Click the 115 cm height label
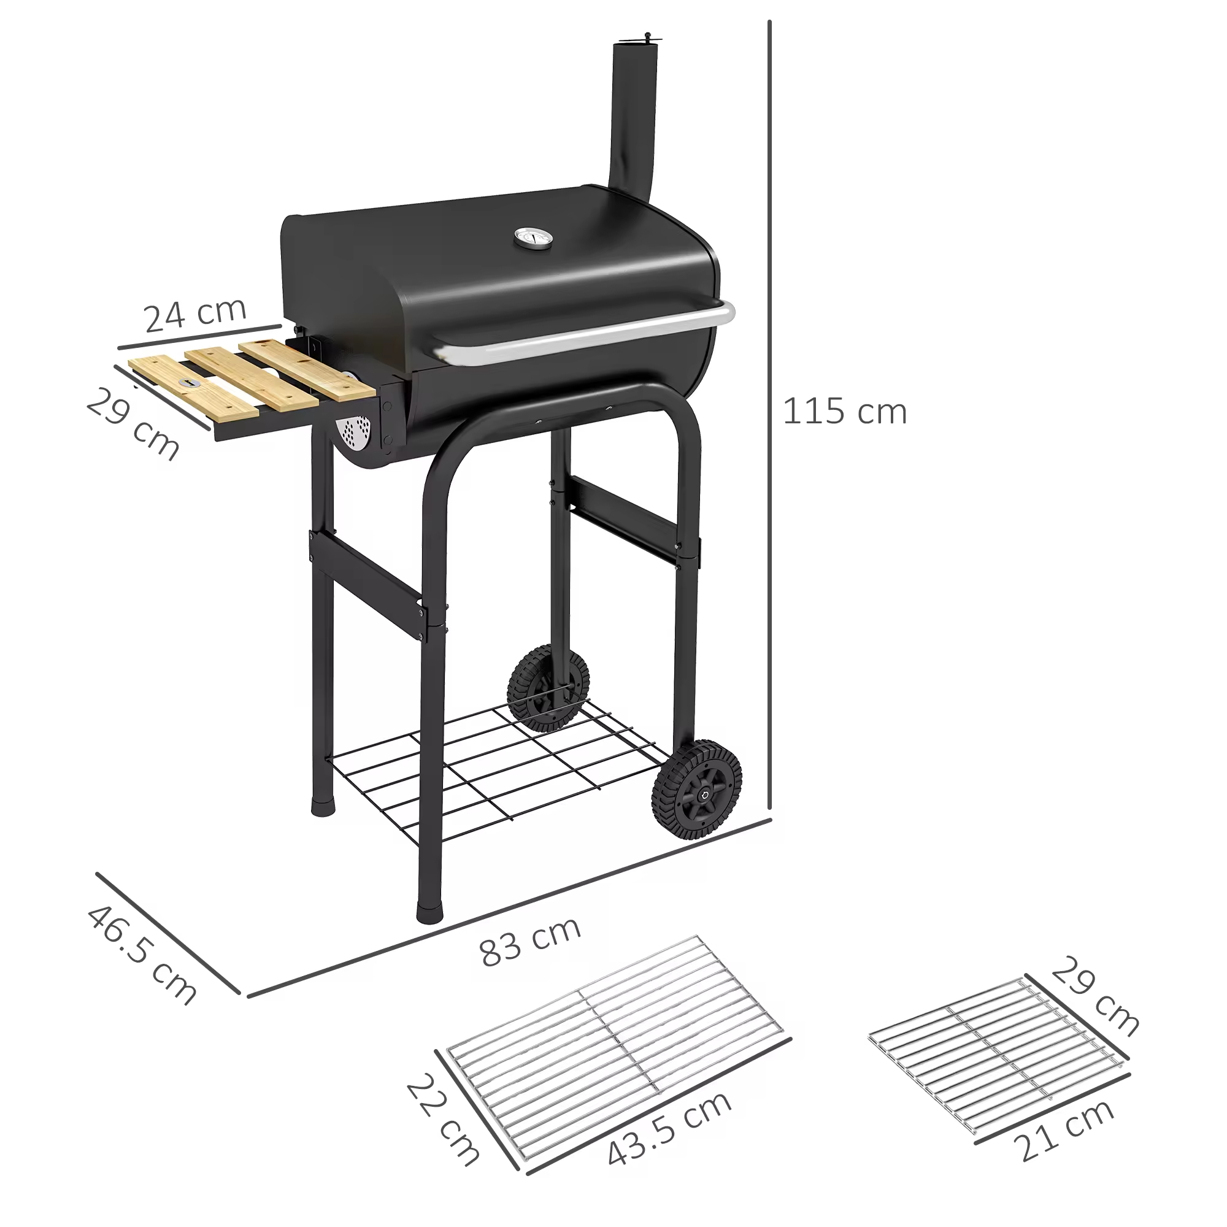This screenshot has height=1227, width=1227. (x=844, y=412)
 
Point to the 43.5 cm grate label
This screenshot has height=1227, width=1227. (x=669, y=1129)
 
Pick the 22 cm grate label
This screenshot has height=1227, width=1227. (x=442, y=1120)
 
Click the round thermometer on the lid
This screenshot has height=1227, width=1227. (x=532, y=239)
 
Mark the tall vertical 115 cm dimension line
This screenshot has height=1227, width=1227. (x=769, y=419)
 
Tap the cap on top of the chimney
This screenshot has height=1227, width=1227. (x=636, y=42)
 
